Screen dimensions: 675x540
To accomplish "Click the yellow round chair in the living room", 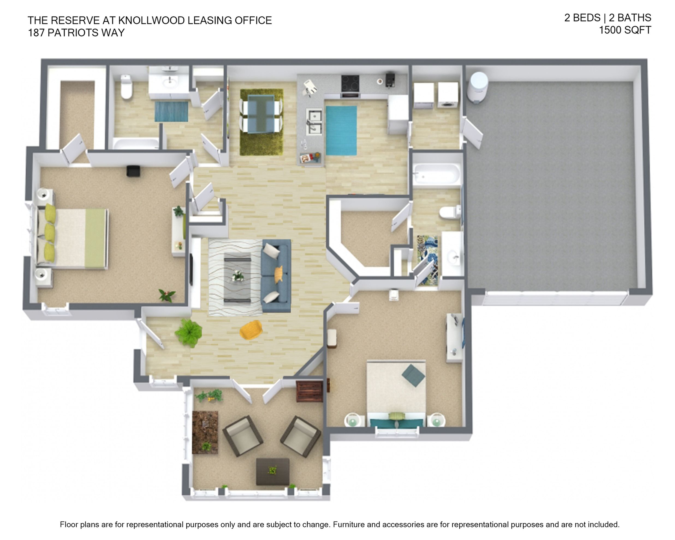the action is (x=251, y=330).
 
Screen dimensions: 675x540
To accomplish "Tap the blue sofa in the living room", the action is (x=276, y=276).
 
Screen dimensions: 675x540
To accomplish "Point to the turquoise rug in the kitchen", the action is (x=341, y=130).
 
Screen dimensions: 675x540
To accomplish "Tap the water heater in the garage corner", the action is (x=477, y=87).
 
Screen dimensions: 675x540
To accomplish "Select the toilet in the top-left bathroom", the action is (x=126, y=87).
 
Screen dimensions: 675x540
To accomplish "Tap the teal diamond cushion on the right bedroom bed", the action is (x=413, y=375).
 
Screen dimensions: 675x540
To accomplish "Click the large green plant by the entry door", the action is (x=189, y=333).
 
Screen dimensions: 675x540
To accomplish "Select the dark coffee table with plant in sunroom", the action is (x=272, y=472).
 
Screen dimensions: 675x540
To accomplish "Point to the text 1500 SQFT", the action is (x=625, y=30).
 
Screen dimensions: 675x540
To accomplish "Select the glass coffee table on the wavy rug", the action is (x=238, y=277).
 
